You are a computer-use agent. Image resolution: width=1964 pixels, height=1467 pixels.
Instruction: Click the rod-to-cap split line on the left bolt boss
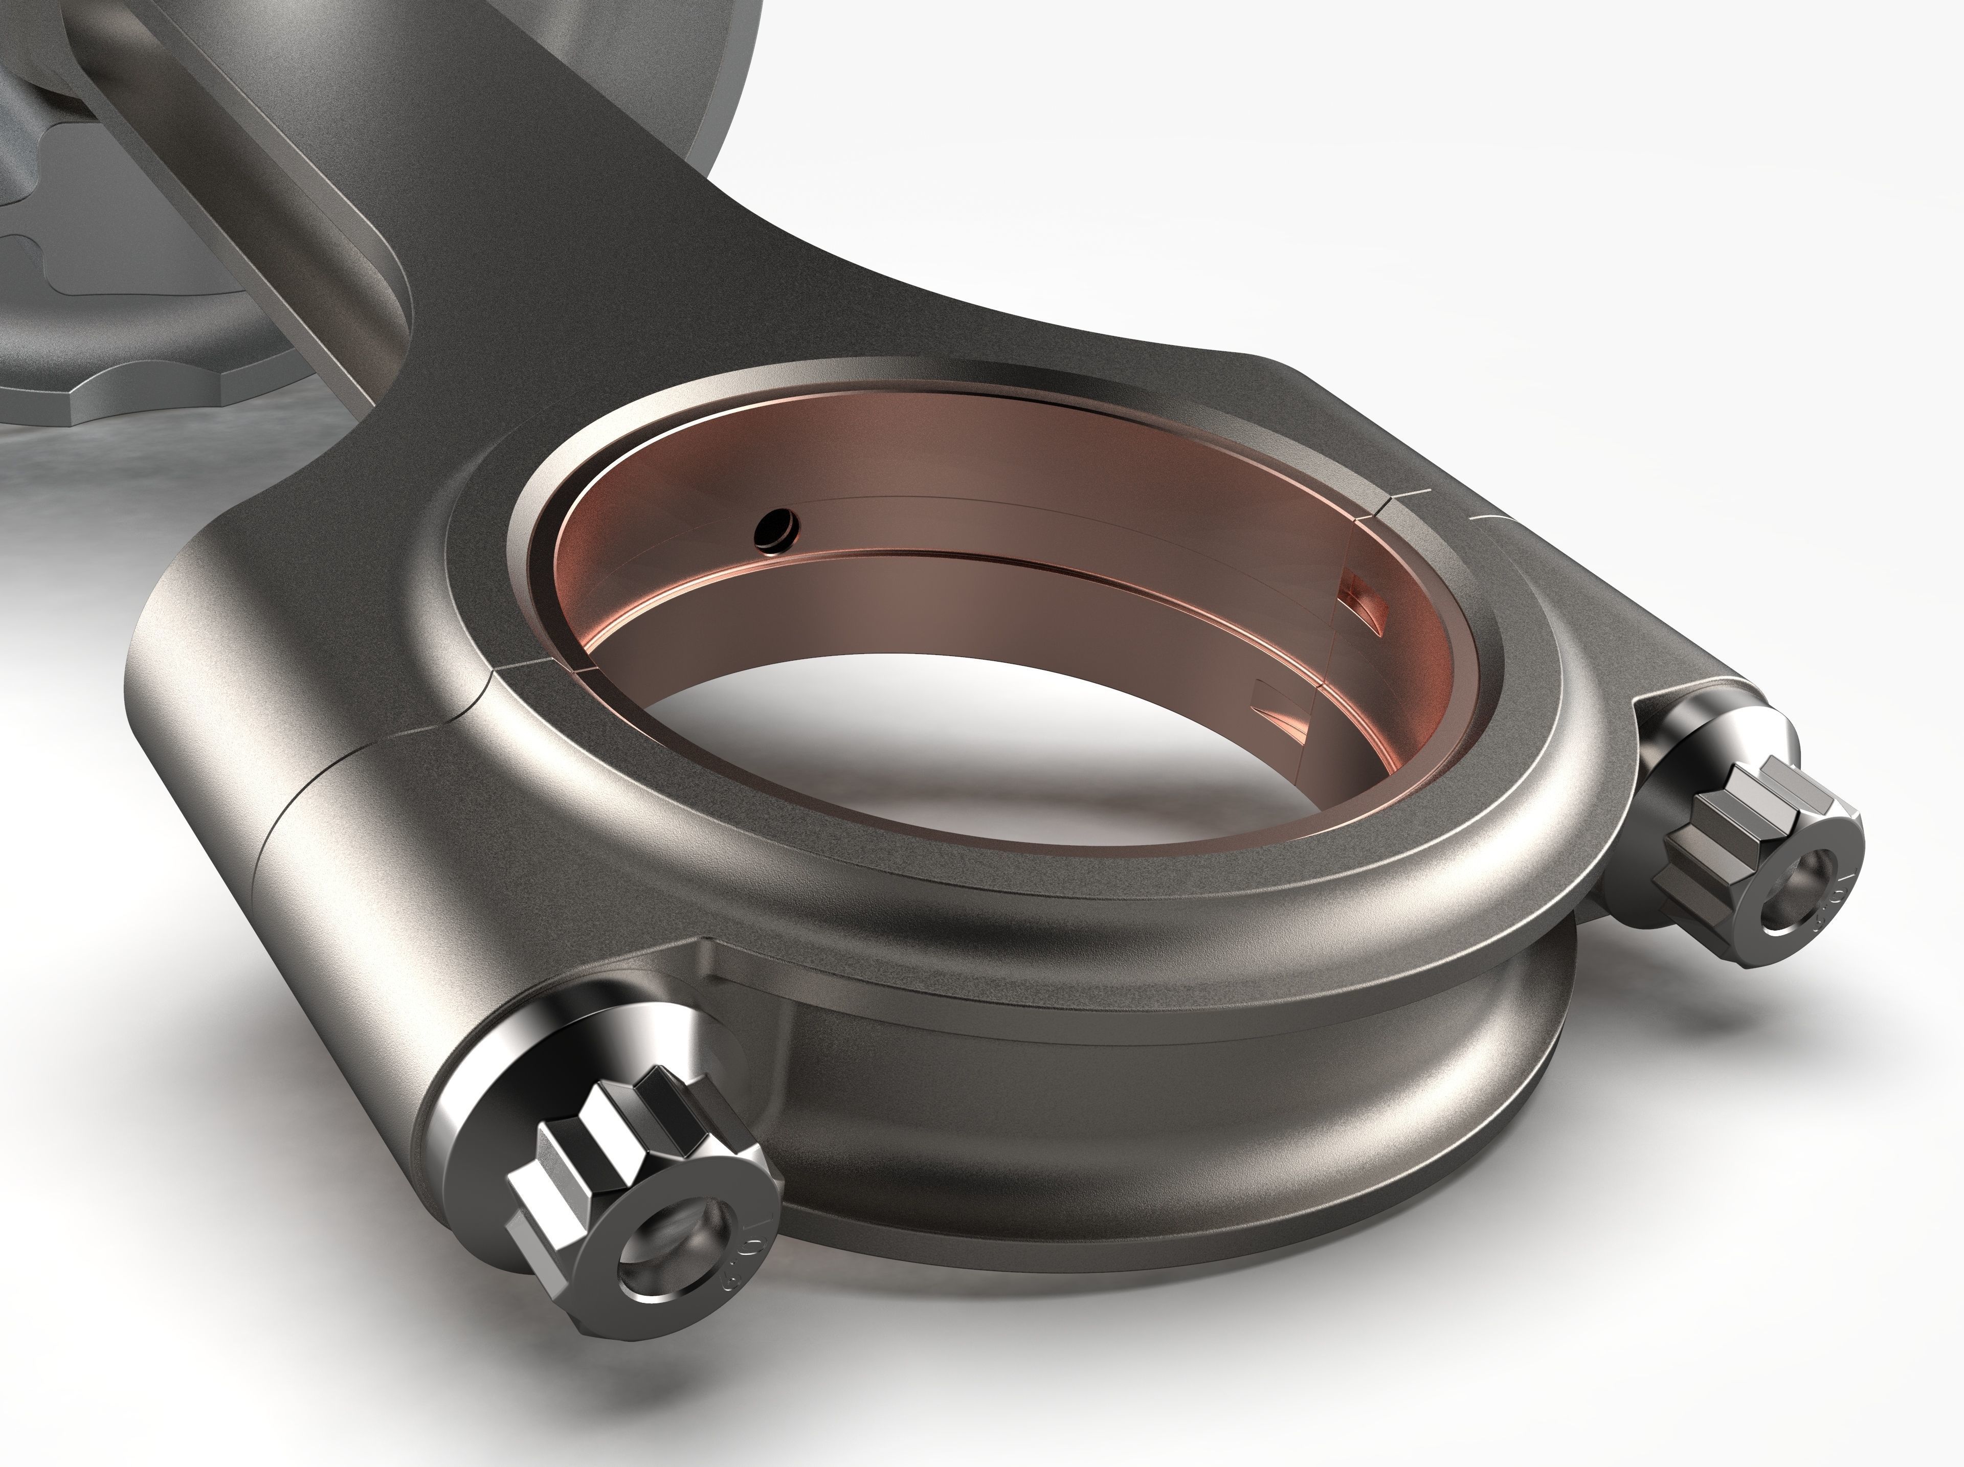(x=293, y=817)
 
